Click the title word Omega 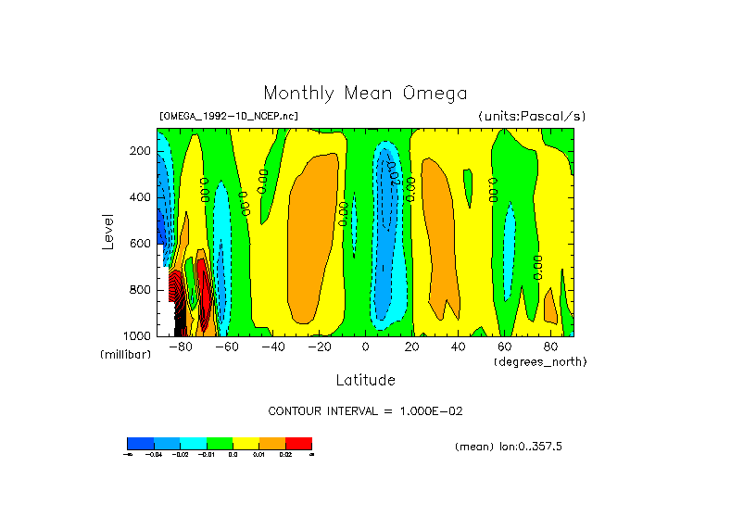435,93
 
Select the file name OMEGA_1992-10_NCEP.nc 229,116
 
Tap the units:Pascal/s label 532,116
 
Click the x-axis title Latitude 365,380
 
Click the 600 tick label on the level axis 141,244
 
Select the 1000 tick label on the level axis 138,334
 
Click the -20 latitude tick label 318,347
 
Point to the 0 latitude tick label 366,347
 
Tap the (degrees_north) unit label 540,360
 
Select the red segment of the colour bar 298,443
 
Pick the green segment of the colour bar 220,443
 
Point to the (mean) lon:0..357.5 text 509,447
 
